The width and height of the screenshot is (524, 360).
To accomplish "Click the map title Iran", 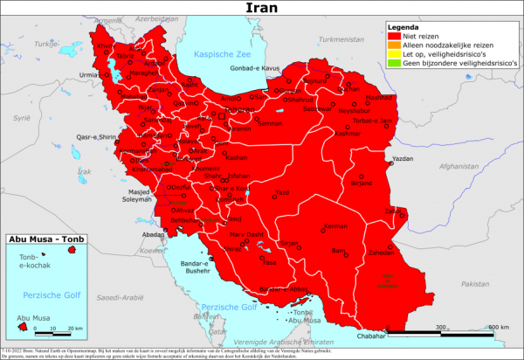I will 261,10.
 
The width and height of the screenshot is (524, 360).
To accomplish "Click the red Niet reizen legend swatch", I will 393,36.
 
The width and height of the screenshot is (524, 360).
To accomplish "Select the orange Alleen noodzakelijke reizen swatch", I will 393,45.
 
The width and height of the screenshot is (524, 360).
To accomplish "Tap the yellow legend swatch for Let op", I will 393,55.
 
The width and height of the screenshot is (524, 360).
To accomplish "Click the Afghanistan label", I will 461,166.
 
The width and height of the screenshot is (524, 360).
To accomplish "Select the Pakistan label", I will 474,284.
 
